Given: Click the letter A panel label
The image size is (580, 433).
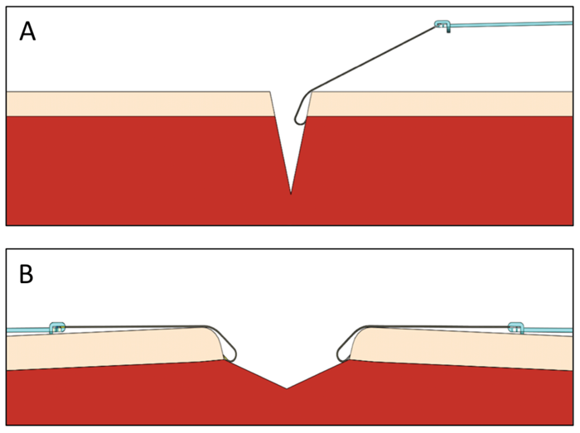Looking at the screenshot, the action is pyautogui.click(x=27, y=31).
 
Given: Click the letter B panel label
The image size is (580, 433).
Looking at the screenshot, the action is pyautogui.click(x=27, y=274).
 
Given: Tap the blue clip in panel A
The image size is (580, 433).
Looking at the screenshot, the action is pyautogui.click(x=442, y=26).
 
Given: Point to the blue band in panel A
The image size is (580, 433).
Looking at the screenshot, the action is pyautogui.click(x=511, y=24).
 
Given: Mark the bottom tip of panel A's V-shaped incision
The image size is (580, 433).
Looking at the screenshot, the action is pyautogui.click(x=291, y=194).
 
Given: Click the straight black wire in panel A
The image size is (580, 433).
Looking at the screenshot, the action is pyautogui.click(x=374, y=59).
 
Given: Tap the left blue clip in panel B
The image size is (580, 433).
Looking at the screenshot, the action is pyautogui.click(x=57, y=328).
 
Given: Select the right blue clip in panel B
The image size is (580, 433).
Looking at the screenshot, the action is pyautogui.click(x=515, y=327).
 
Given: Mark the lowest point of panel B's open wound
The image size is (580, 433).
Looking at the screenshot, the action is pyautogui.click(x=287, y=388).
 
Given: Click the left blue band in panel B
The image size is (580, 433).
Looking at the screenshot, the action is pyautogui.click(x=28, y=330).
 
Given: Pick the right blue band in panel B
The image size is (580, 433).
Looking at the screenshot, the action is pyautogui.click(x=549, y=330).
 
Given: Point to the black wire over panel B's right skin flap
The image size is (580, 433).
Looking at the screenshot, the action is pyautogui.click(x=438, y=326).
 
